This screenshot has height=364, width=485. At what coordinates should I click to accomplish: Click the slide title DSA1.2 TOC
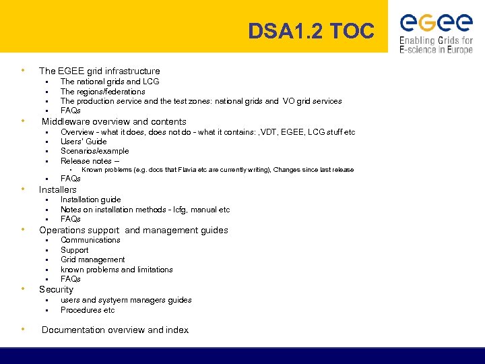point(311,32)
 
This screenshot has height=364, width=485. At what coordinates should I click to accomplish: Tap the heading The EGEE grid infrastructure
point(100,71)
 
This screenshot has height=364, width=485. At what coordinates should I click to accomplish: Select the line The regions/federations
point(102,92)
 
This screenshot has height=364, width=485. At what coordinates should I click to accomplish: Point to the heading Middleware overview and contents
point(114,122)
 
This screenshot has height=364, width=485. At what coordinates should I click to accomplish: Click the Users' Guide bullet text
point(84,142)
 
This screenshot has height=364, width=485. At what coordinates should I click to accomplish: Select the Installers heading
point(58,189)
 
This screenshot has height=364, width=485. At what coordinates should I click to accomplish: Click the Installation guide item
point(90,200)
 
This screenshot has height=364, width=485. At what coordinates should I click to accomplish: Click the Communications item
point(90,240)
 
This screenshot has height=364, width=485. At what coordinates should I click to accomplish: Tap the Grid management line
point(92,260)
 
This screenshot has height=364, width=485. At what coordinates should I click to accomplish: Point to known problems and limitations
point(117,270)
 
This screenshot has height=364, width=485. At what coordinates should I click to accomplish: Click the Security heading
point(56,289)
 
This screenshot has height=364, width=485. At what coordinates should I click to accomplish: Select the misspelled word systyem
point(112,300)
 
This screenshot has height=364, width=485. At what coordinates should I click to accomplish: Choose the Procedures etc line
point(88,310)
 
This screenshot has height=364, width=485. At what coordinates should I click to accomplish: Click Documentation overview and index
point(115,330)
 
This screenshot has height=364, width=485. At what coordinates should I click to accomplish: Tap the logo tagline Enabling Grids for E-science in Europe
point(436,44)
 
